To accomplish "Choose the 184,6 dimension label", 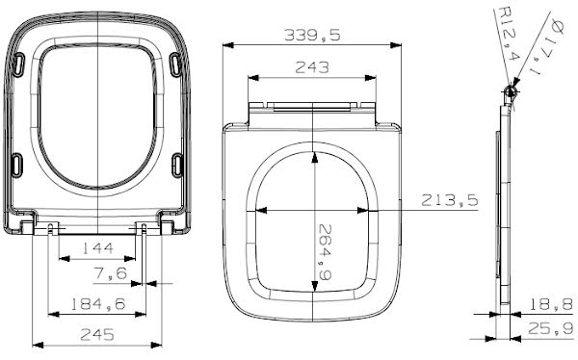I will click(x=98, y=305).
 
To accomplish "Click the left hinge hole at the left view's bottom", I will click(x=51, y=227).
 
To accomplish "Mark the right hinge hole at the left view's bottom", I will click(x=144, y=227).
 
